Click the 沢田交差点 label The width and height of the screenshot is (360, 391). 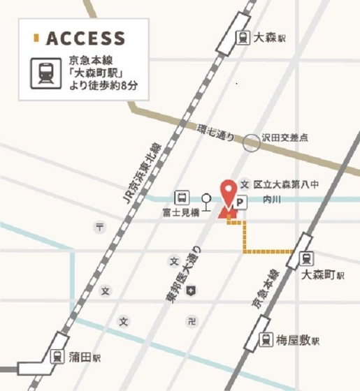[x=285, y=138]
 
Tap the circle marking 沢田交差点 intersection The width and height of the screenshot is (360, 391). [x=251, y=143]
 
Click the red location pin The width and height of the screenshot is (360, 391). [x=227, y=195]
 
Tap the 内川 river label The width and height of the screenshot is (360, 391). [x=270, y=200]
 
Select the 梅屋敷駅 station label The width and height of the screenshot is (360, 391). [x=298, y=341]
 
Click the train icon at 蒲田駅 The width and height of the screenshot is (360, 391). [x=58, y=357]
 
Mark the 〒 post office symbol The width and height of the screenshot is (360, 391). [x=100, y=227]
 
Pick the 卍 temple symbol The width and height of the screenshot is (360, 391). [x=191, y=321]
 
